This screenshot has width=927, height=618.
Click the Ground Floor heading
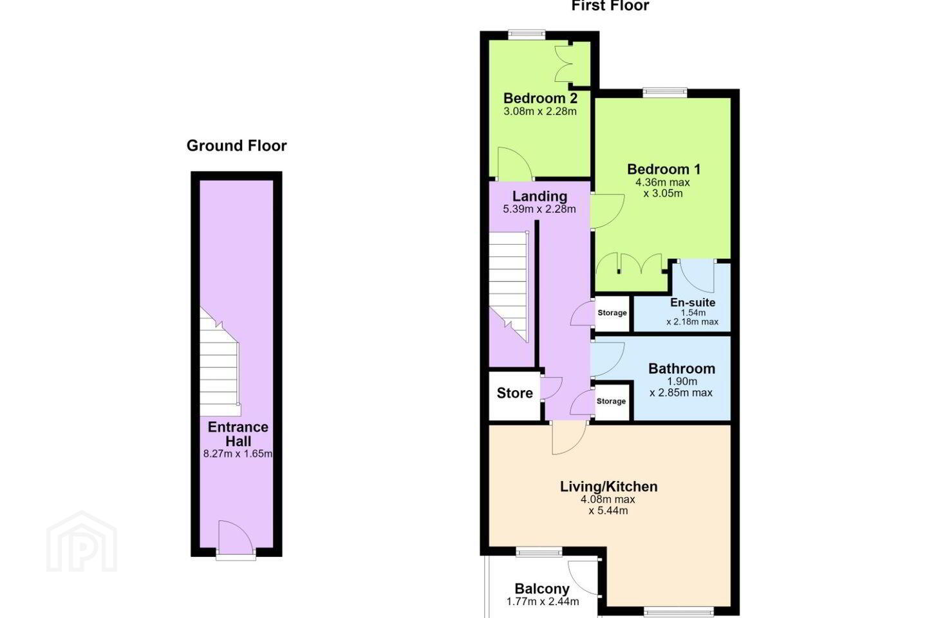[236, 145]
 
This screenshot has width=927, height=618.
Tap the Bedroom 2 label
[540, 98]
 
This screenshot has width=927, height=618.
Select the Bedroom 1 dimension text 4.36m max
[662, 182]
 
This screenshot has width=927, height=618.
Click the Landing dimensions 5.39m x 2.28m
[539, 209]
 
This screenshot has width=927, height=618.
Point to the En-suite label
[693, 302]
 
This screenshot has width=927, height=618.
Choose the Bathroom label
[682, 368]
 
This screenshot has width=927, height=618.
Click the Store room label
[514, 393]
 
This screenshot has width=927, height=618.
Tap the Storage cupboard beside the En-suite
[612, 313]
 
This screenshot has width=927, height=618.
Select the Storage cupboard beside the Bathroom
[612, 401]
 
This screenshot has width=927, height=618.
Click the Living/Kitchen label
[608, 487]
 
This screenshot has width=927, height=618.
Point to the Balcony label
[542, 588]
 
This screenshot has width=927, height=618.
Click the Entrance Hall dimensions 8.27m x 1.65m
[238, 454]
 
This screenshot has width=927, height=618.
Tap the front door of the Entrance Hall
[235, 538]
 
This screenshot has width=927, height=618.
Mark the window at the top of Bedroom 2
[527, 35]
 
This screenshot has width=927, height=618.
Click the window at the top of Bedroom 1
[665, 93]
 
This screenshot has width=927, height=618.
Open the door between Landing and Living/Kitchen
[569, 438]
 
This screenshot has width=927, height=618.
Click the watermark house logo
[82, 541]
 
